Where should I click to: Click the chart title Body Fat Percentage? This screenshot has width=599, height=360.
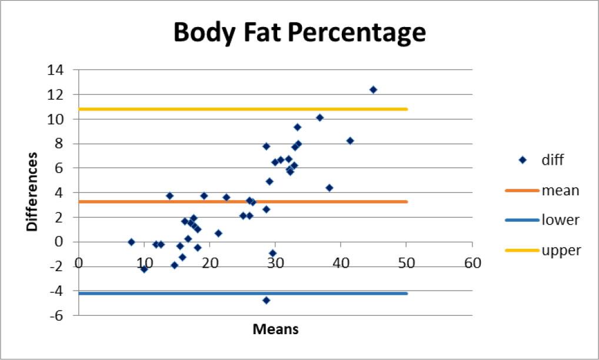point(299,33)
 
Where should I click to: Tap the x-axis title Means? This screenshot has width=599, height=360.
point(275,329)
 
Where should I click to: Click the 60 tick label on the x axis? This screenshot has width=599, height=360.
point(470,264)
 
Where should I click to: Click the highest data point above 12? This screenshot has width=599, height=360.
point(373,89)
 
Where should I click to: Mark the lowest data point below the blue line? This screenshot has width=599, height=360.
point(266,300)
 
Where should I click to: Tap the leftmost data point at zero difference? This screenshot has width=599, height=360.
point(131,242)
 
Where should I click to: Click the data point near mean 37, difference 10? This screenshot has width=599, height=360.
point(320,118)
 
